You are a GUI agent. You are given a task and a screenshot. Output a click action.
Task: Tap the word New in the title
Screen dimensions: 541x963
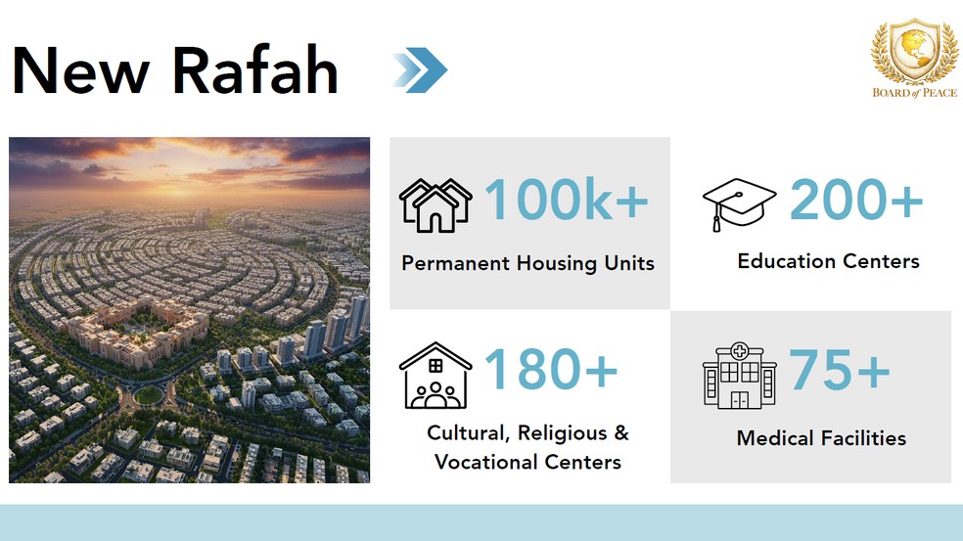[x=79, y=69]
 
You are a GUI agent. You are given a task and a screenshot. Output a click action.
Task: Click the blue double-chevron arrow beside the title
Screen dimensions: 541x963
[x=420, y=69]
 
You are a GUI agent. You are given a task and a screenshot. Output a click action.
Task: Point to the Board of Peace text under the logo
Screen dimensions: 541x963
[x=908, y=94]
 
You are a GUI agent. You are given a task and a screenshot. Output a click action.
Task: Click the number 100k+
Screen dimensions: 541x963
[x=567, y=201]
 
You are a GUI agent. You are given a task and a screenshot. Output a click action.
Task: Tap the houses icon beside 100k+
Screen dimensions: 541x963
[x=436, y=204]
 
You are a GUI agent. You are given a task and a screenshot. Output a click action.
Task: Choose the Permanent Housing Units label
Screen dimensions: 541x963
[x=527, y=263]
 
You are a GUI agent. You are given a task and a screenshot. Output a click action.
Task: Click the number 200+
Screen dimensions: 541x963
[x=856, y=201]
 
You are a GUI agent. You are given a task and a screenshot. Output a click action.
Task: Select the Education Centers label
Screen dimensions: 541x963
[x=828, y=261]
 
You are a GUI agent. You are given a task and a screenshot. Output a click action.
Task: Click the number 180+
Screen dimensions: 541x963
[x=551, y=371]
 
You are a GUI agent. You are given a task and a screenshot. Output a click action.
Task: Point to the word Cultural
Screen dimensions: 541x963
[x=466, y=433]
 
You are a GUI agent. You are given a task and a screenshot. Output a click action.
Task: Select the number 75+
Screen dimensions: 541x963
[x=840, y=372]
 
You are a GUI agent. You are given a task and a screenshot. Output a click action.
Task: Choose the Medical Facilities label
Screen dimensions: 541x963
[x=821, y=438]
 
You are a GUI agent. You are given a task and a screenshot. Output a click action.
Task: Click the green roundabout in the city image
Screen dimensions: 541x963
[x=148, y=395]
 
